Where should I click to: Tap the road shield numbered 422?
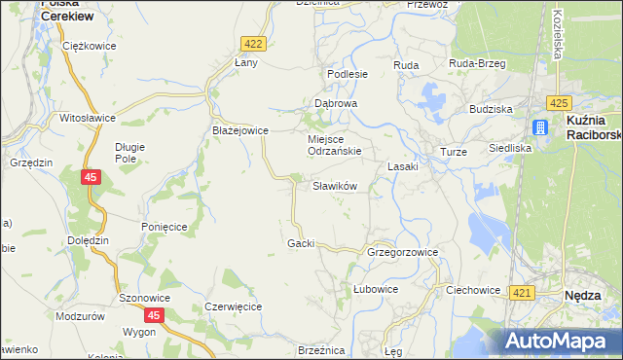[253, 44]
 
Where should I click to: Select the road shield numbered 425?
[558, 103]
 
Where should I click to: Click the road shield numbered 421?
[522, 293]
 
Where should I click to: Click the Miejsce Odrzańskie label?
[335, 145]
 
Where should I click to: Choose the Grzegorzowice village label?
[402, 252]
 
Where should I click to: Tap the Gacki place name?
[301, 243]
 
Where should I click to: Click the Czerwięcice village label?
[234, 306]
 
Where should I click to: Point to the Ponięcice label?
[164, 226]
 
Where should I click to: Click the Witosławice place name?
[88, 118]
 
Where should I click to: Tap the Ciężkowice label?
[88, 46]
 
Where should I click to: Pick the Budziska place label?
[490, 110]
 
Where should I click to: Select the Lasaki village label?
[402, 166]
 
